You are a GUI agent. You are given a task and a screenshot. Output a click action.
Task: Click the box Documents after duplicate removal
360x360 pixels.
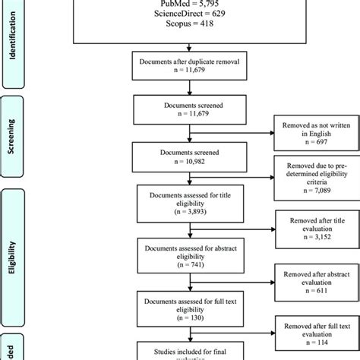(x=179, y=64)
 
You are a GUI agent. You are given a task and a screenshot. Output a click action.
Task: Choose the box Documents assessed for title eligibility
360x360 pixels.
(x=179, y=202)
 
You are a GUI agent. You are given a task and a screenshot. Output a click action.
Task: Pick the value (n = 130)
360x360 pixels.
(x=179, y=318)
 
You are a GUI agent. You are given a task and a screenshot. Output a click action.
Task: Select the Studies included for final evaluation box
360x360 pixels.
(x=179, y=352)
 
